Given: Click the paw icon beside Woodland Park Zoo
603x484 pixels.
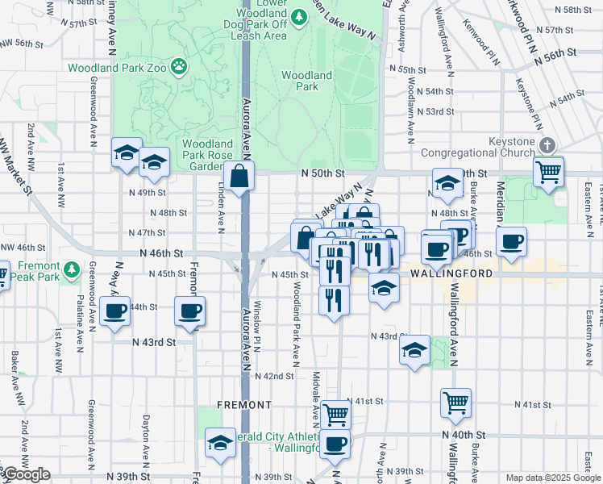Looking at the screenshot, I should [178, 68].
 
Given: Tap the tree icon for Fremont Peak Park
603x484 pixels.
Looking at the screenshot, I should [72, 267].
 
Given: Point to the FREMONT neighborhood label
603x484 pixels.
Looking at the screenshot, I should [243, 404].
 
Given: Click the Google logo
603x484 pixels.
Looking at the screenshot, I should [27, 474].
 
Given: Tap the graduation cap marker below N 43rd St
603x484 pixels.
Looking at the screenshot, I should [414, 351].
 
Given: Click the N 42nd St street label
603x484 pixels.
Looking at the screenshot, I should [274, 376].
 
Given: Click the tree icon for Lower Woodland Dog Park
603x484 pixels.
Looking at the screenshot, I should [300, 16].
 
